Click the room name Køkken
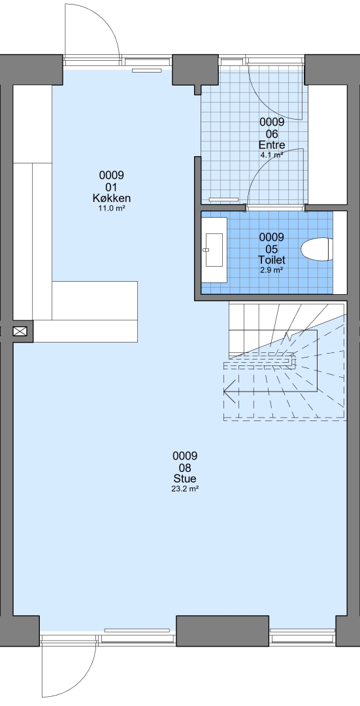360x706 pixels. click(x=112, y=199)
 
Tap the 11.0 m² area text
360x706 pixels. click(x=112, y=209)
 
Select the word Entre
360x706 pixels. click(x=272, y=145)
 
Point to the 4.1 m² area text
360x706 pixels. click(x=272, y=155)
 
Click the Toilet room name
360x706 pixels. click(x=272, y=260)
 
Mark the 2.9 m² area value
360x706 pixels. click(x=272, y=270)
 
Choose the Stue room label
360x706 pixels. click(x=185, y=479)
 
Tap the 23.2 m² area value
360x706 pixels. click(x=185, y=488)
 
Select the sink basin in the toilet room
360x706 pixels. click(x=214, y=250)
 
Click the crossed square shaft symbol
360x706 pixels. click(x=20, y=332)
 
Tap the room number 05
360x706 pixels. click(x=272, y=249)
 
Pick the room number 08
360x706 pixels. click(x=185, y=467)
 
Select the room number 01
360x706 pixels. click(x=112, y=188)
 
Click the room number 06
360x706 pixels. click(x=272, y=134)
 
